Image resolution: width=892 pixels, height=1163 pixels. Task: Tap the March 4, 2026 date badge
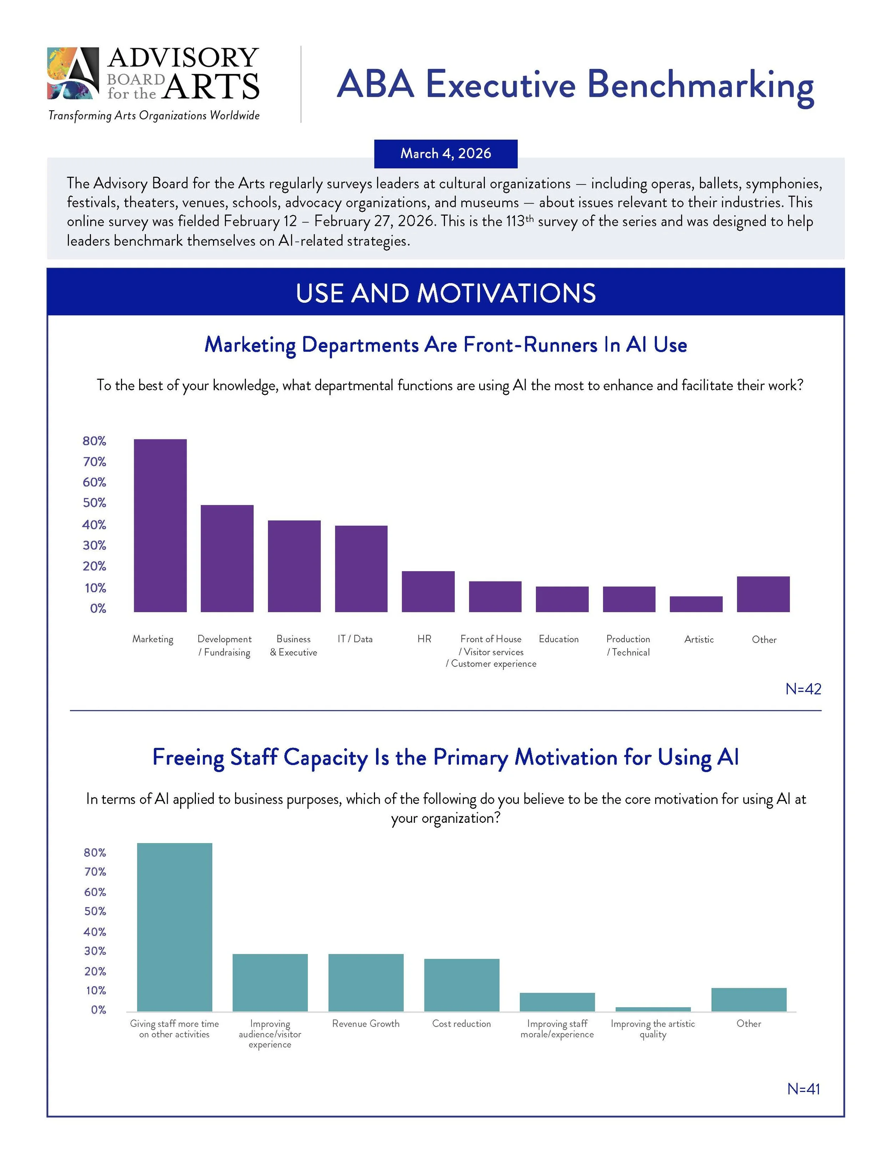446,153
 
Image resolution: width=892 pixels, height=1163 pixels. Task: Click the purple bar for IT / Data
361,568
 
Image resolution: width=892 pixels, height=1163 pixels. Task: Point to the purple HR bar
428,591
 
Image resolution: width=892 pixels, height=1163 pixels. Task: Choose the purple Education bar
562,599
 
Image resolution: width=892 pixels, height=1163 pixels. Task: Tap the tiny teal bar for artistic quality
653,1009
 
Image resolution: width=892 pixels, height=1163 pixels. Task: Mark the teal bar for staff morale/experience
557,1002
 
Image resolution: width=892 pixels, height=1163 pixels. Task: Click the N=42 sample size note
803,689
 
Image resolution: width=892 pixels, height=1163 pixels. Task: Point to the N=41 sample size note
803,1089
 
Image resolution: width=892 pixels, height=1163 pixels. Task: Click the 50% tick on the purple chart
95,503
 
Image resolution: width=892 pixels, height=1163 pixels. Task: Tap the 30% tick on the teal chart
95,951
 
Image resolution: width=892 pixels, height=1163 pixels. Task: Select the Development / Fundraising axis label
224,645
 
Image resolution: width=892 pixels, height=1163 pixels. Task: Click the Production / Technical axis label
628,645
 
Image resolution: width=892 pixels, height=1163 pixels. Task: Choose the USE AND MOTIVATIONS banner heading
446,293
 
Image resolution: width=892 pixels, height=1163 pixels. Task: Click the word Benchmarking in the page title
700,85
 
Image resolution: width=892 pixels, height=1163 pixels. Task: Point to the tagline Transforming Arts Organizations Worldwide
154,115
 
